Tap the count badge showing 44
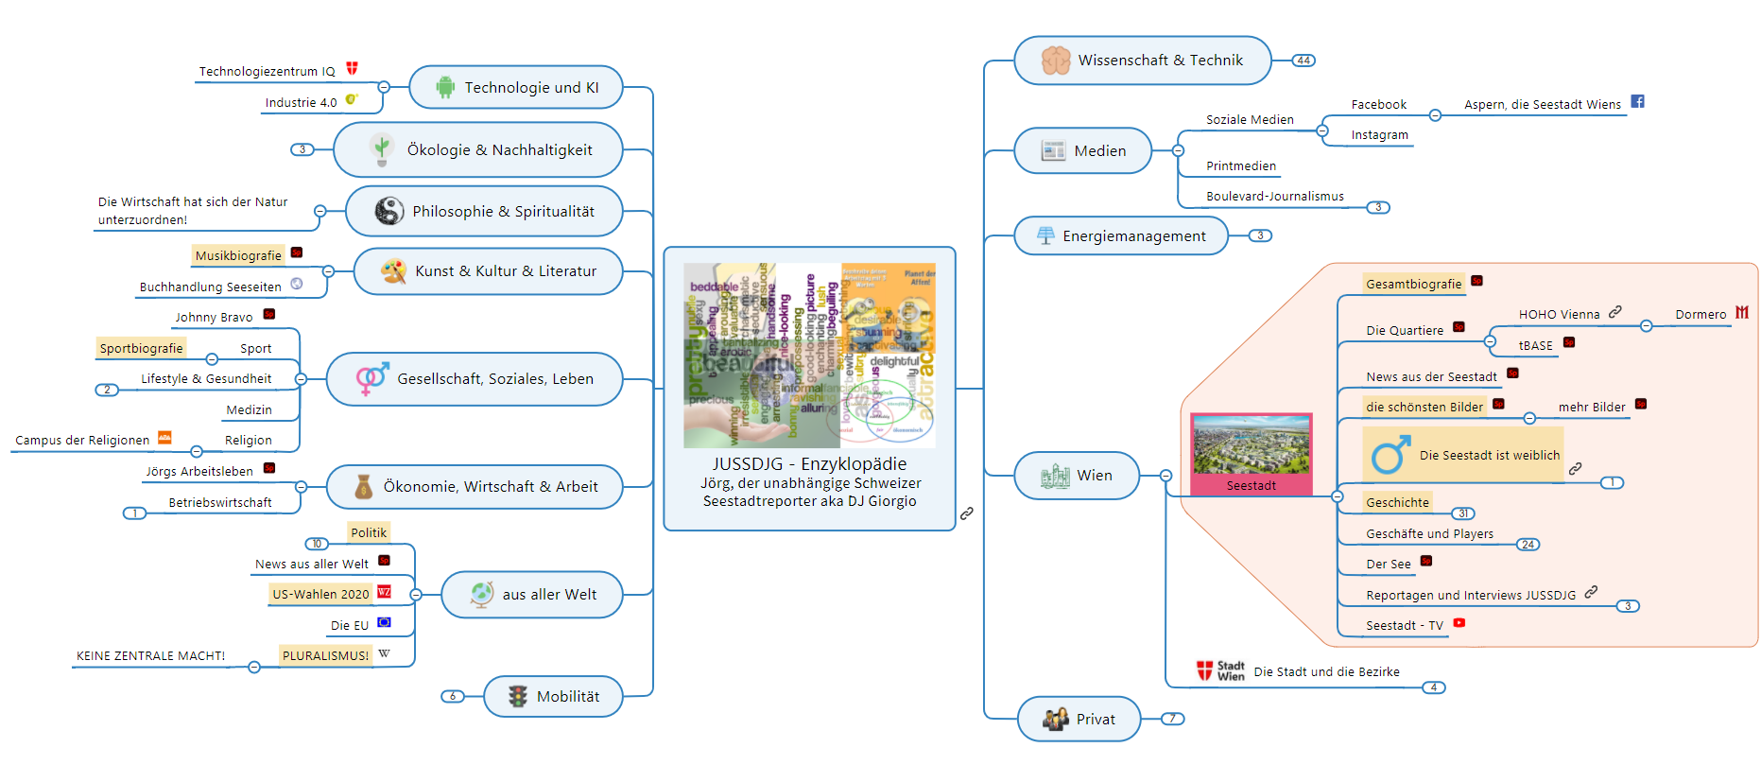coord(1303,61)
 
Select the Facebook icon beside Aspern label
coord(1638,101)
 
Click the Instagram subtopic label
coord(1379,135)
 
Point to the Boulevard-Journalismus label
coord(1274,197)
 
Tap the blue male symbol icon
coord(1390,455)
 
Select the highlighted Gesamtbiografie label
coord(1413,284)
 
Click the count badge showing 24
coord(1528,545)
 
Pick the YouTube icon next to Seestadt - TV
coord(1459,623)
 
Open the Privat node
coord(1079,720)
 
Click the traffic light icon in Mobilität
coord(517,697)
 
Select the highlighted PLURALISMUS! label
coord(325,655)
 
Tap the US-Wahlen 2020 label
coord(320,594)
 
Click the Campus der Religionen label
coord(82,441)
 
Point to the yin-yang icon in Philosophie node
coord(388,211)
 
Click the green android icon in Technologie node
coord(445,87)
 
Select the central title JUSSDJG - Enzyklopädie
coord(809,464)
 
